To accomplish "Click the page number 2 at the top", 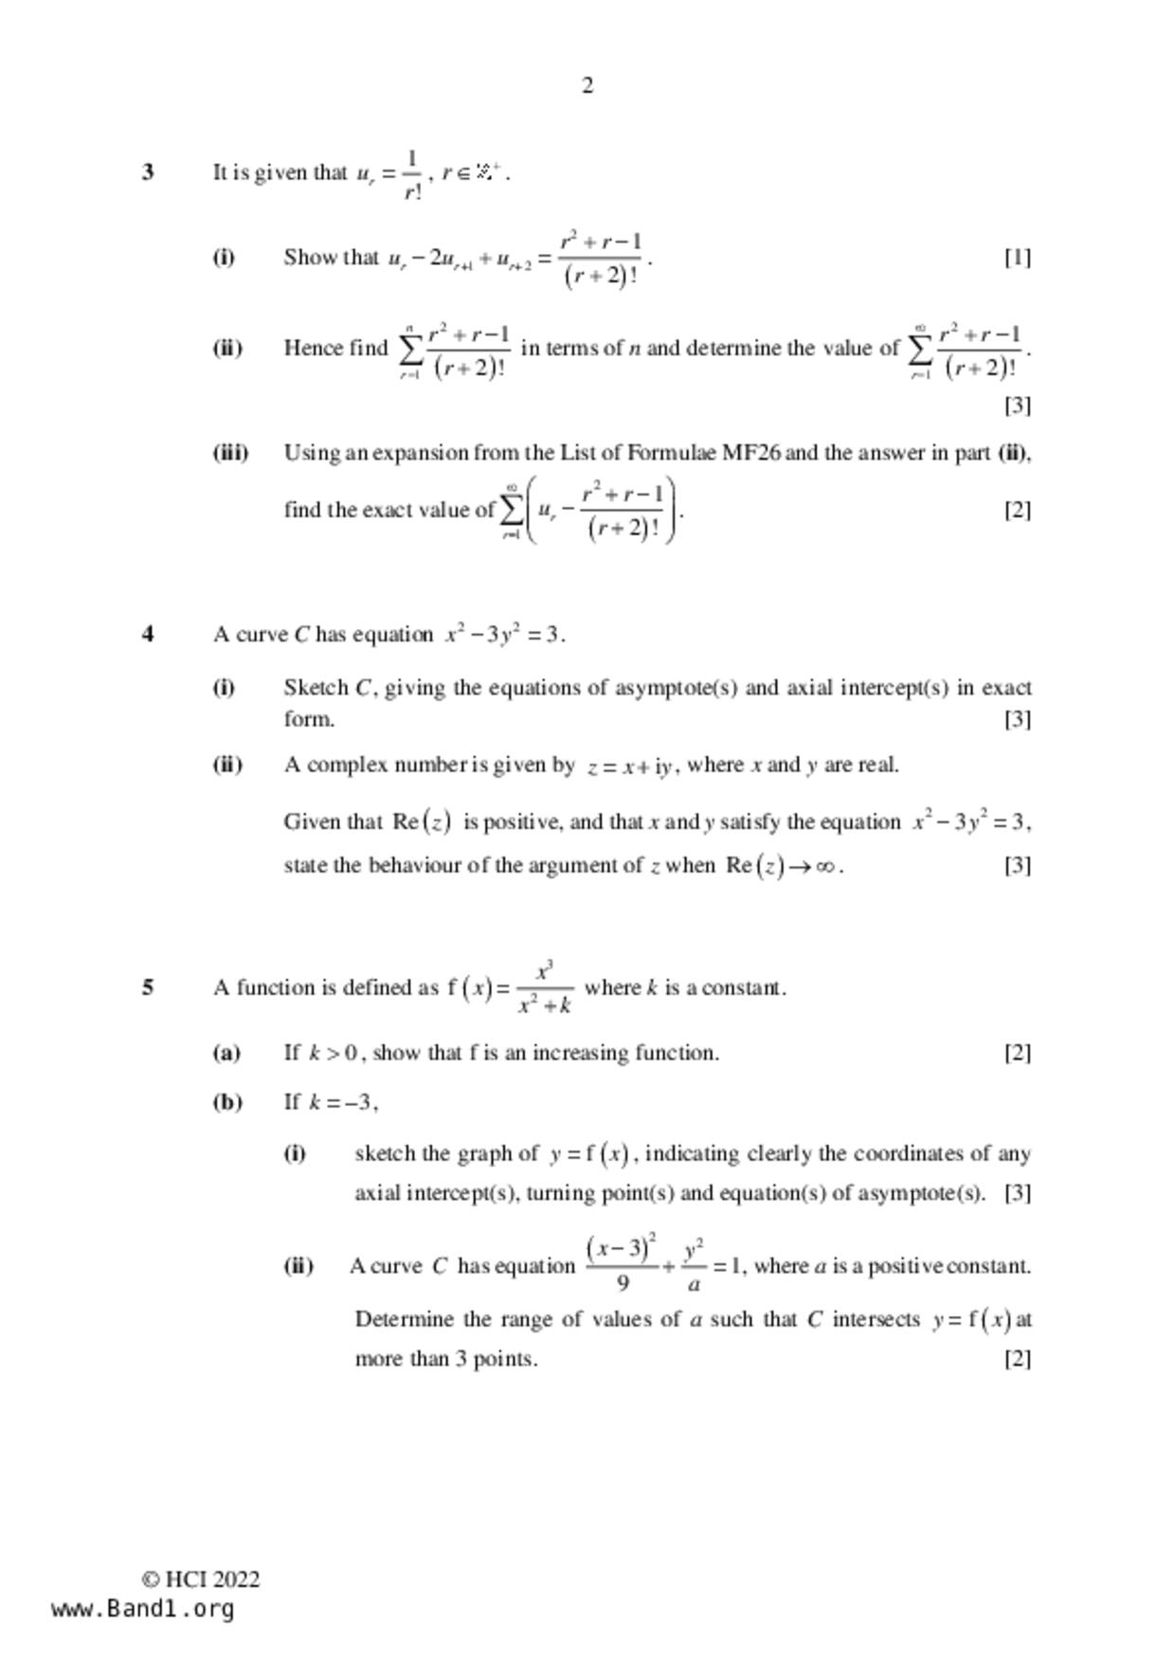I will [x=587, y=86].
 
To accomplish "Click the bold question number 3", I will [x=148, y=172].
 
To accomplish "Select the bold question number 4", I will [x=148, y=635].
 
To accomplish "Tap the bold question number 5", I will [x=148, y=987].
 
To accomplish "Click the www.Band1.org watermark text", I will [x=142, y=1609].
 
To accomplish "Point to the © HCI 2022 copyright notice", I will [x=201, y=1580].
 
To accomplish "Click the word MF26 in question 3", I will [x=751, y=453].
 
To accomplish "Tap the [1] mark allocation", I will [x=1018, y=258].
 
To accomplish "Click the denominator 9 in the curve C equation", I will [x=623, y=1284].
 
